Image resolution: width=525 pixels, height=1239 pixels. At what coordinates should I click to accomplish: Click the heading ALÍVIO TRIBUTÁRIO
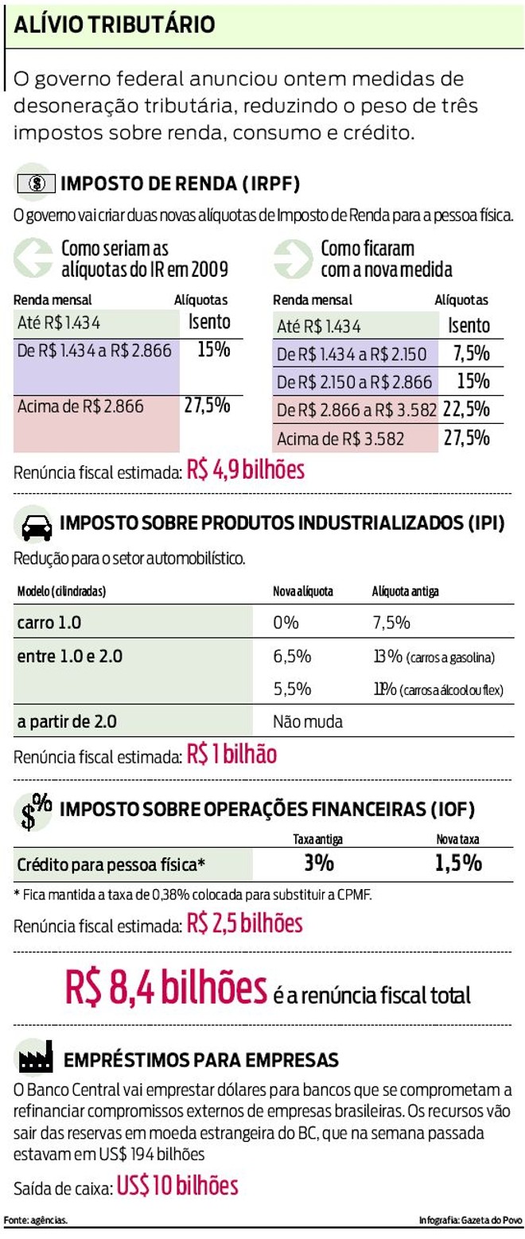point(113,25)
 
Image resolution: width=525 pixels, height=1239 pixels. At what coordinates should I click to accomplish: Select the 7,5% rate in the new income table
point(471,355)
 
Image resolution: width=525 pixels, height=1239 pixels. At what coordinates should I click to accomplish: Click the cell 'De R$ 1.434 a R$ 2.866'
point(95,350)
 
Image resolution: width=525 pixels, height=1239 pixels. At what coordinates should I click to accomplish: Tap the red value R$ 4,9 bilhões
point(246,470)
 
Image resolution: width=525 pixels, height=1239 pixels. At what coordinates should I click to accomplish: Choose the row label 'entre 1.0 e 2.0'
point(70,657)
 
